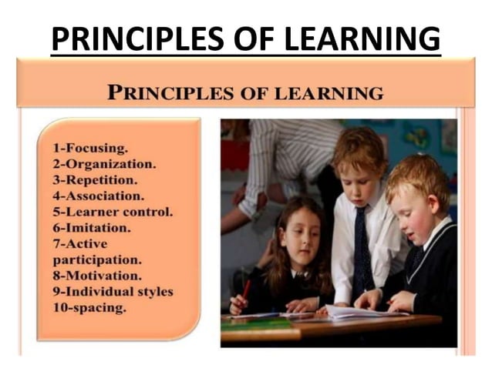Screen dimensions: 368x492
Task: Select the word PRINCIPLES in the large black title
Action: pos(133,38)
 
